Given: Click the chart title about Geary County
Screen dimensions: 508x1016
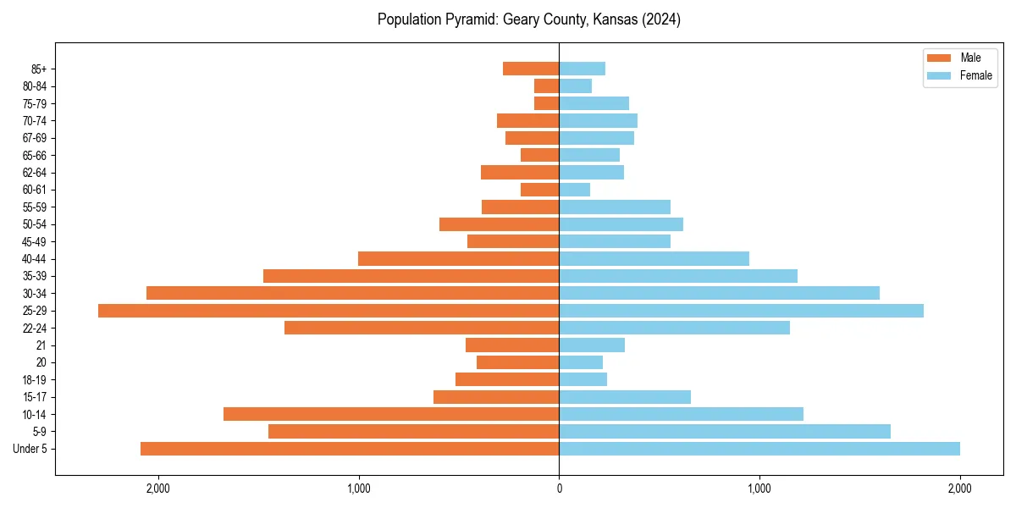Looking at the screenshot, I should (x=528, y=19).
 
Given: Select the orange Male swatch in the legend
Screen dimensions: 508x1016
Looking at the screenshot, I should (x=940, y=58).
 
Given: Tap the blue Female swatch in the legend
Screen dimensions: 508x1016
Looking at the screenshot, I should (x=940, y=75).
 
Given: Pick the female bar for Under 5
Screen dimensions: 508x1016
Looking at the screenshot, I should (x=759, y=449).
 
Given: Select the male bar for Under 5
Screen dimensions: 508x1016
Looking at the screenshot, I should (x=350, y=449).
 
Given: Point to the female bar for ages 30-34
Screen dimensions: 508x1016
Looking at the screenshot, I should (x=720, y=293).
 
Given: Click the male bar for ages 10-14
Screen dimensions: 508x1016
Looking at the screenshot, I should (x=391, y=414).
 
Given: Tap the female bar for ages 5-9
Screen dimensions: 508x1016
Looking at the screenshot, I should (x=725, y=432).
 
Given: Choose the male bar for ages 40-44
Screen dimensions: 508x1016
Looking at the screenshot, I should (x=458, y=258).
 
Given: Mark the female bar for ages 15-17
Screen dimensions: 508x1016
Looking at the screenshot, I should (x=625, y=397).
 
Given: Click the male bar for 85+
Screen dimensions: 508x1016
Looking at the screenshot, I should (x=531, y=69).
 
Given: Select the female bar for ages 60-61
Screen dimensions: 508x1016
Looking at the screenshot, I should (x=575, y=190).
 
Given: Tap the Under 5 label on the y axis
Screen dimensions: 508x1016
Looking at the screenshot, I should (x=30, y=449).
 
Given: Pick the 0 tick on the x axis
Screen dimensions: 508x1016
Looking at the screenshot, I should (x=559, y=488).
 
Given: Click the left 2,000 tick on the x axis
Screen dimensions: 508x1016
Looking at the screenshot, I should (x=158, y=488).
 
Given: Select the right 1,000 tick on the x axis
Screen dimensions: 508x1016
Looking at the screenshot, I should (x=759, y=488).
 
